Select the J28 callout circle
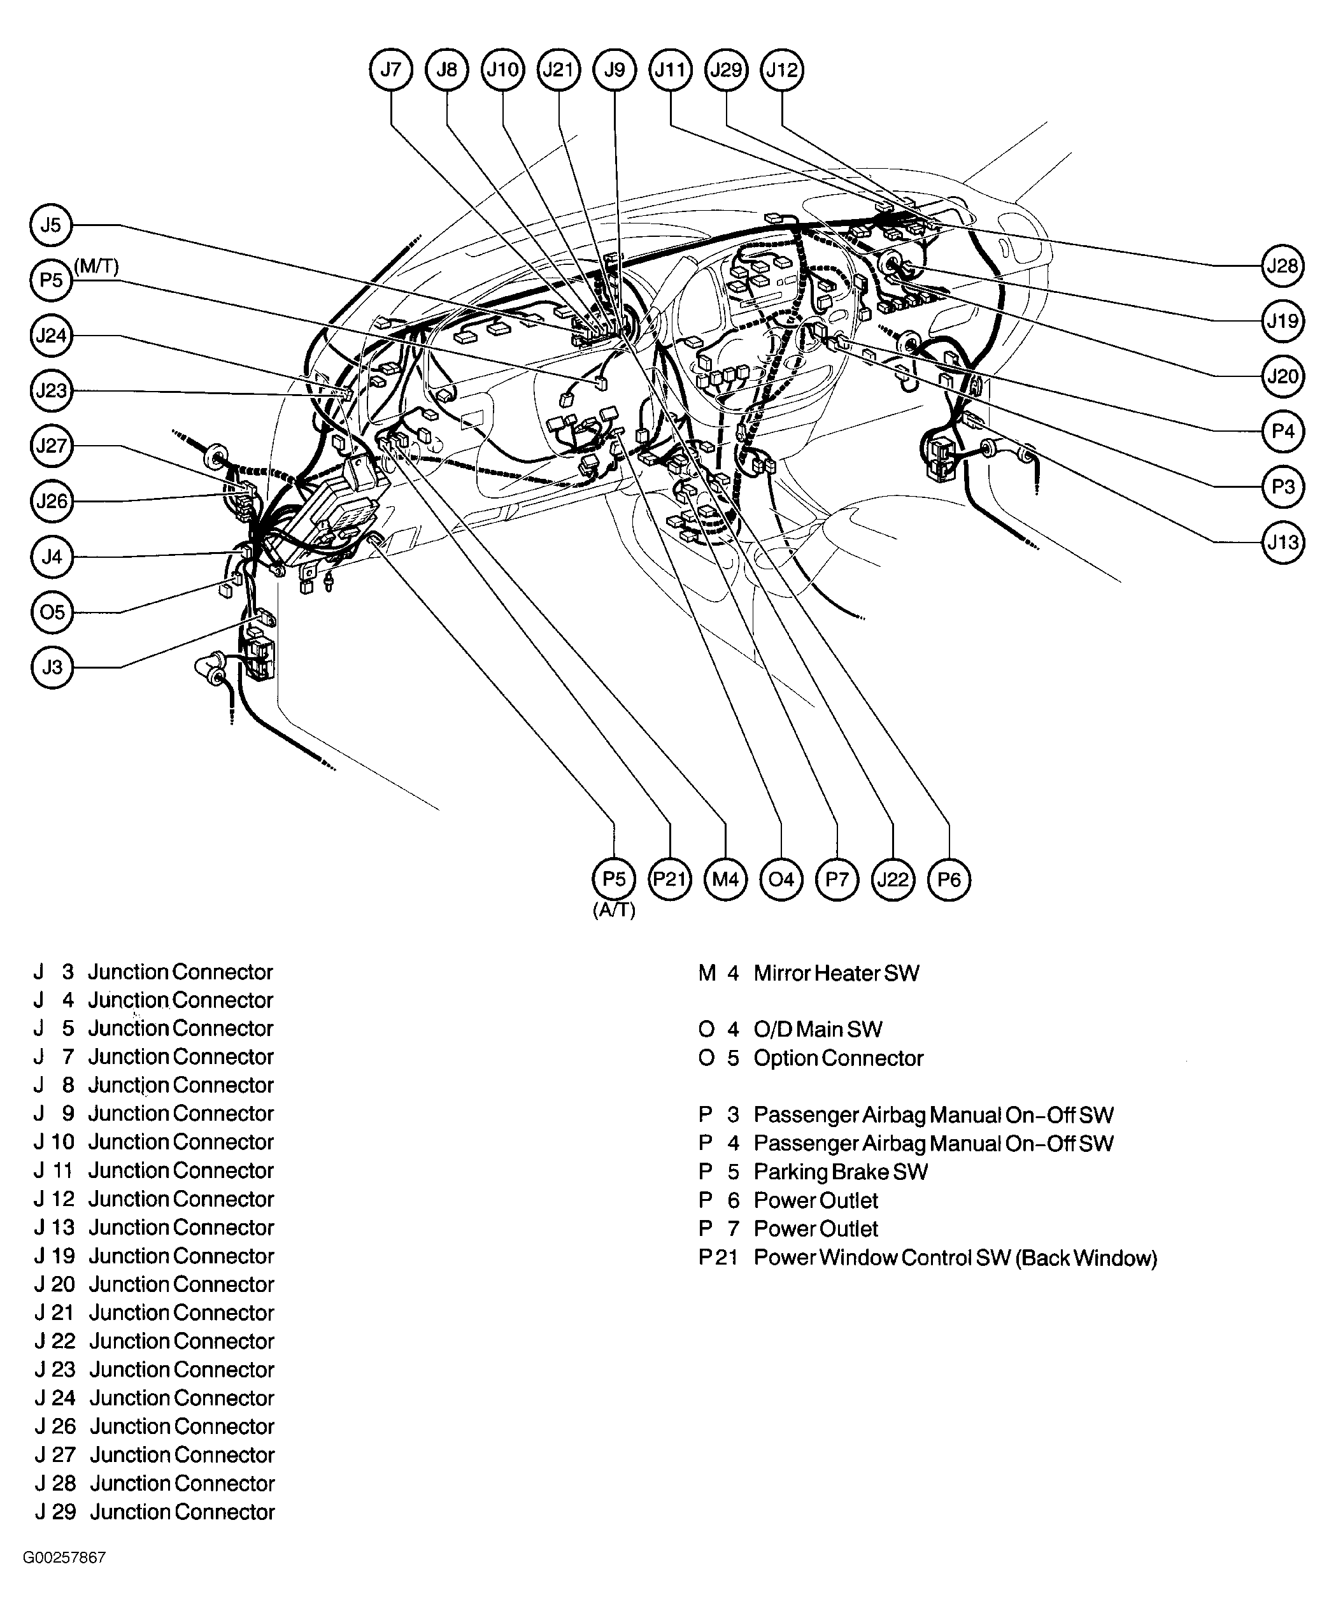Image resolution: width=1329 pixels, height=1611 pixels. click(x=1283, y=266)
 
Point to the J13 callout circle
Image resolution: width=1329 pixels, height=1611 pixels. click(x=1283, y=543)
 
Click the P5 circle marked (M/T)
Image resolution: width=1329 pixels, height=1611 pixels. click(x=52, y=280)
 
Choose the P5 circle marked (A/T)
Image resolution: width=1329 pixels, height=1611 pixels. click(x=614, y=879)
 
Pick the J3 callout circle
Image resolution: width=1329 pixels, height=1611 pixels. click(x=52, y=667)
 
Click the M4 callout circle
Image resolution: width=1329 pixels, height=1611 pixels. click(x=725, y=879)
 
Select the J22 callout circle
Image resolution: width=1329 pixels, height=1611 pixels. click(x=893, y=879)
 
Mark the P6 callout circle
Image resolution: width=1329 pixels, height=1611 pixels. click(x=949, y=879)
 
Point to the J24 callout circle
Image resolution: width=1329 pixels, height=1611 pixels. click(x=52, y=335)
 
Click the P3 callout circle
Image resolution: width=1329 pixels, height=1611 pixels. click(x=1283, y=486)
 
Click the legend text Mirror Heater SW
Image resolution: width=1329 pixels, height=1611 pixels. click(x=836, y=974)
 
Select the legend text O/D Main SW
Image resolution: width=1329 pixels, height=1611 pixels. click(x=818, y=1030)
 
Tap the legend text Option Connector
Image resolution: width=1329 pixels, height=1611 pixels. click(x=838, y=1058)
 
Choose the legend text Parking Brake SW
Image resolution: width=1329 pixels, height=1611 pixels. click(x=841, y=1172)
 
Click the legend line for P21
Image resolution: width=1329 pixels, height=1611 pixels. click(x=927, y=1258)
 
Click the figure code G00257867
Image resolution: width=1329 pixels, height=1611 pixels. click(x=64, y=1558)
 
